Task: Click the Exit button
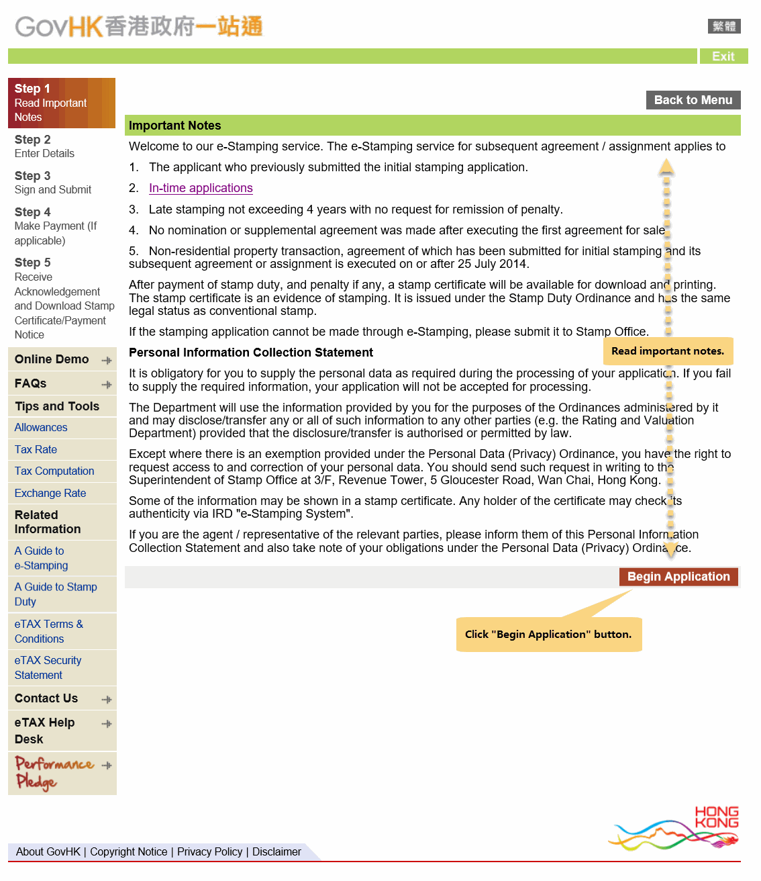coord(723,56)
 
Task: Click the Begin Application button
coord(678,577)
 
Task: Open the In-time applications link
coord(201,188)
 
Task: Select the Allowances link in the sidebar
coord(41,428)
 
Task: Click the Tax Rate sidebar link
coord(36,450)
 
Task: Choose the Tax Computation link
coord(54,471)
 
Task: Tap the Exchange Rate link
coord(50,494)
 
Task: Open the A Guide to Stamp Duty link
coord(56,594)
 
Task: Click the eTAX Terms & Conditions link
coord(49,631)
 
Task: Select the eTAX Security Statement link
coord(48,667)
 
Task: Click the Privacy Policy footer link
coord(209,851)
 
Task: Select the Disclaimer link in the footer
coord(276,851)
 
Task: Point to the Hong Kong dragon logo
coord(675,829)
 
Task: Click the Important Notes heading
coord(175,126)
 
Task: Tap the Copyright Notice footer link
coord(129,851)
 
